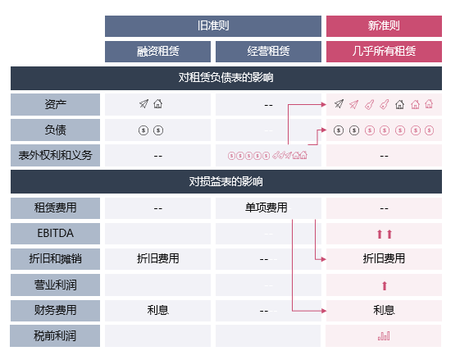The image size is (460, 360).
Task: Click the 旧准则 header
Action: pos(213,25)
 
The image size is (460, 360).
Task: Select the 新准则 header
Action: pos(384,25)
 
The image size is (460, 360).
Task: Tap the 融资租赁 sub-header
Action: pos(157,52)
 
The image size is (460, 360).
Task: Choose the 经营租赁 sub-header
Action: pos(268,52)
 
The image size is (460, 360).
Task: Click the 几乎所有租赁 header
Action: pos(384,52)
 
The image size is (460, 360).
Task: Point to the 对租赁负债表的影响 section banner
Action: pos(226,78)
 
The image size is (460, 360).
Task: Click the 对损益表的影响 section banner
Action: pos(226,181)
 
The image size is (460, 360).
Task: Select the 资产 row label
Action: pos(56,104)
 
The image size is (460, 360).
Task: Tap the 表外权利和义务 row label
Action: pos(56,155)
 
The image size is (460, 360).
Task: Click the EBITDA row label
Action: pos(56,233)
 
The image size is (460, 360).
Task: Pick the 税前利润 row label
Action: pos(55,335)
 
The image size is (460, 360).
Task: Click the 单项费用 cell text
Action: pos(266,207)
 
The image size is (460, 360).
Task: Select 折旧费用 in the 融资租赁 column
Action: pos(157,258)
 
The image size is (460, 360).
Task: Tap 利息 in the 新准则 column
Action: pos(384,310)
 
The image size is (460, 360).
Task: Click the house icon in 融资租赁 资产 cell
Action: pos(157,104)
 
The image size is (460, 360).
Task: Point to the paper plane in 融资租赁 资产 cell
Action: pos(143,104)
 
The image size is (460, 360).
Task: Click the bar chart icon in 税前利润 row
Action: pos(384,335)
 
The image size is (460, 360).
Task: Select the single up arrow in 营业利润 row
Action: pos(385,285)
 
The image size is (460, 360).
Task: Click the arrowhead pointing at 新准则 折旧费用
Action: pos(324,259)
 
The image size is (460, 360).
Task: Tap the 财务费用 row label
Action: pos(56,311)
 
